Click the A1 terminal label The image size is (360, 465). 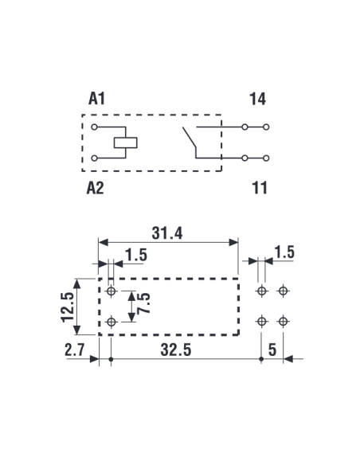tap(96, 99)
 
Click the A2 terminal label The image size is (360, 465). tap(96, 188)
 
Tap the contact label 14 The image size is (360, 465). tap(257, 99)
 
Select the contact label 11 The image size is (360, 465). tap(259, 188)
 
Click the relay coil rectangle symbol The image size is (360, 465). tap(125, 143)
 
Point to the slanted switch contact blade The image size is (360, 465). tap(190, 137)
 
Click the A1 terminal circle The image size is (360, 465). tap(94, 127)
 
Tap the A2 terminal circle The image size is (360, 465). tap(94, 158)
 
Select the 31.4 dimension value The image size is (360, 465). tap(167, 232)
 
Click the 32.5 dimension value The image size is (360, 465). tap(176, 350)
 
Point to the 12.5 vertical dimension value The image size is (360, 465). tap(68, 307)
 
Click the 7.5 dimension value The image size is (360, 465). tap(143, 303)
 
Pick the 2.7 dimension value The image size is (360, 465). tap(75, 350)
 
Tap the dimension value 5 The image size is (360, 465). tap(272, 350)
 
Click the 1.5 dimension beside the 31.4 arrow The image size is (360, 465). tap(136, 255)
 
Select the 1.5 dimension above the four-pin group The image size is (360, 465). tap(284, 252)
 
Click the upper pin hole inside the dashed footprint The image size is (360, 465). tap(112, 291)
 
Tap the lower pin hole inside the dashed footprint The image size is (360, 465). tap(112, 322)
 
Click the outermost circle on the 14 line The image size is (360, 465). tap(266, 127)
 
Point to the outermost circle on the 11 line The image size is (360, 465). tap(266, 158)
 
